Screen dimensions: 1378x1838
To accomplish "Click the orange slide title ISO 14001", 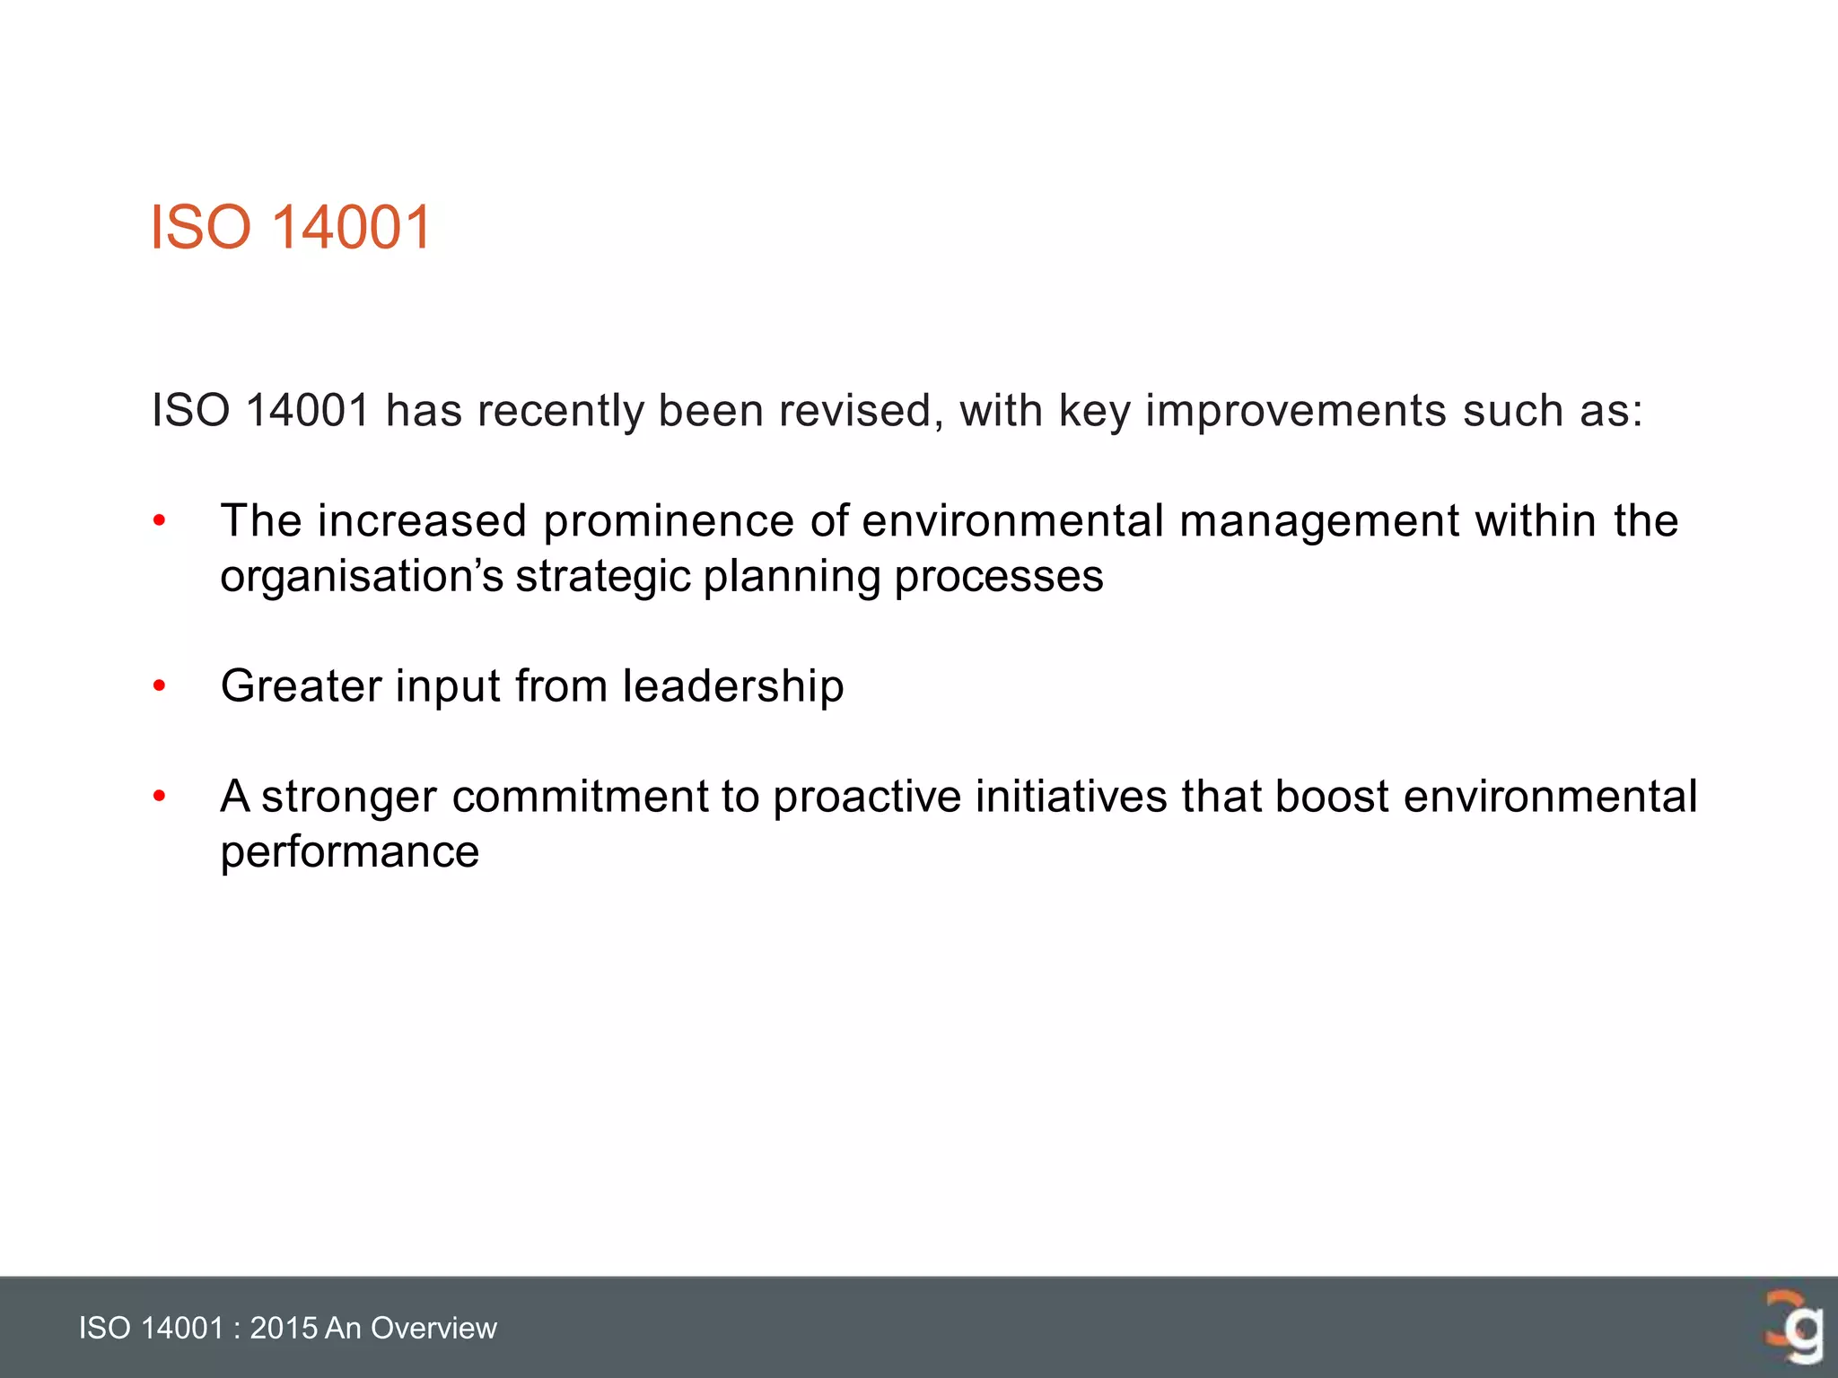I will tap(291, 227).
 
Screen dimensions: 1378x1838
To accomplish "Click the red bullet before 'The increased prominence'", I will tap(160, 521).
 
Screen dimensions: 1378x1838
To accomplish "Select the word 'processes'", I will tap(998, 577).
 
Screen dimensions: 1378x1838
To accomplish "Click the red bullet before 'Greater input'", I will tap(160, 686).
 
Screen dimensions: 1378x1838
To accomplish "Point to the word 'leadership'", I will tap(733, 686).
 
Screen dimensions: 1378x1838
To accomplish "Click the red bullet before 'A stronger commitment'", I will tap(160, 797).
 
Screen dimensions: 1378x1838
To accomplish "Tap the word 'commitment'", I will tap(580, 797).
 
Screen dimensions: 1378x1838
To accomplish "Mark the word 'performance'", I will tap(350, 852).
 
